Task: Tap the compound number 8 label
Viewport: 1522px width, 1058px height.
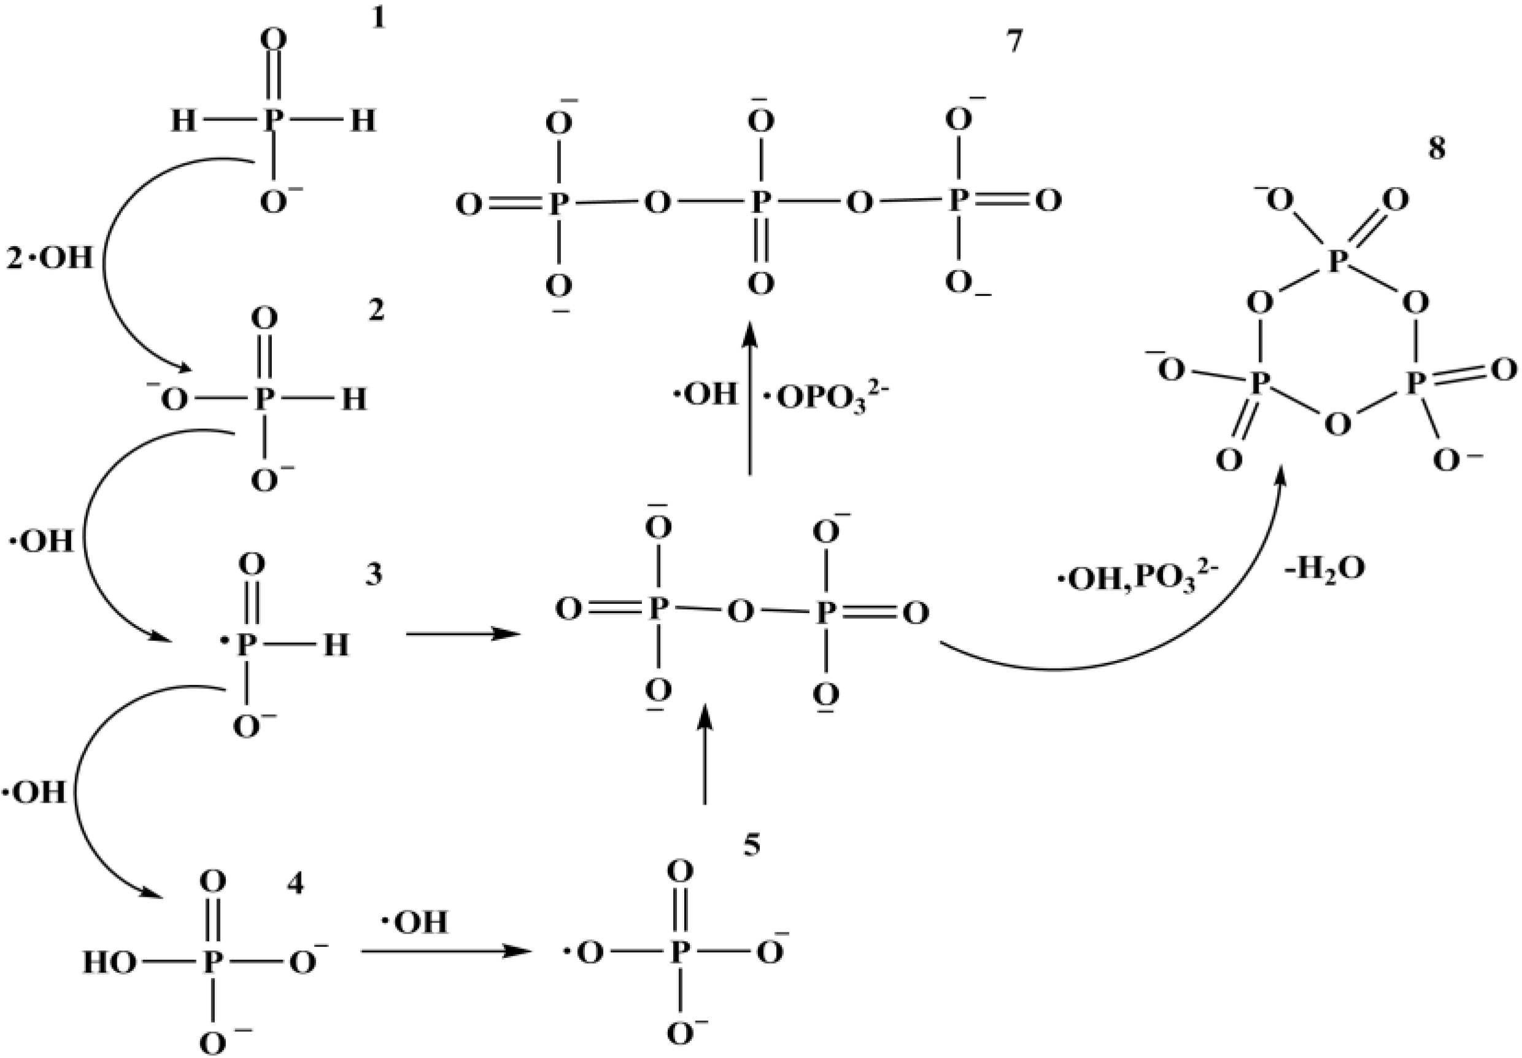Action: (x=1437, y=149)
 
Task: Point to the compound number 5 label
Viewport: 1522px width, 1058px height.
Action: (x=751, y=846)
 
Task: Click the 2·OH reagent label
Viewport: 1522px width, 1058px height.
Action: (x=50, y=258)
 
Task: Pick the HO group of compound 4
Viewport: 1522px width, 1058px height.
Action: (x=109, y=962)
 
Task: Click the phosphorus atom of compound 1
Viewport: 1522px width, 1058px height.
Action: (x=272, y=122)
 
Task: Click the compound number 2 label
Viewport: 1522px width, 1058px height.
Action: (x=376, y=311)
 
